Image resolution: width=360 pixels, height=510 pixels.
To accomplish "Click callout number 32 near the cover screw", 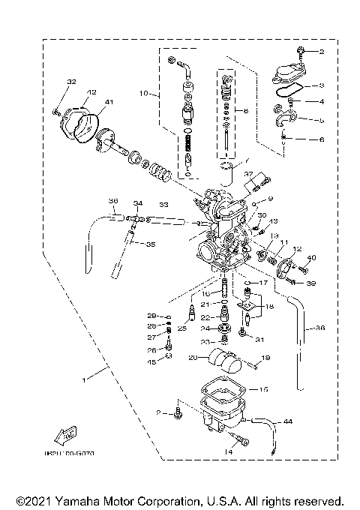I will click(x=71, y=81).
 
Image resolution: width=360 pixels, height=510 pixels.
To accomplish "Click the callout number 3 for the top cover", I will click(x=320, y=86).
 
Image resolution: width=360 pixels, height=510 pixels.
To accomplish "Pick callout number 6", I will click(x=320, y=139).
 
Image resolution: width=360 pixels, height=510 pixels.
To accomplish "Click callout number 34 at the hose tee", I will click(x=137, y=203).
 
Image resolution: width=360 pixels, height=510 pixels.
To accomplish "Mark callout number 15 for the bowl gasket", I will click(x=263, y=390).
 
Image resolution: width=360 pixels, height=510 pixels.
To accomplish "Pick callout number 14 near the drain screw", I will click(x=228, y=452).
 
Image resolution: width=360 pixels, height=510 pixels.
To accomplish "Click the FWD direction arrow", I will click(x=65, y=435).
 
